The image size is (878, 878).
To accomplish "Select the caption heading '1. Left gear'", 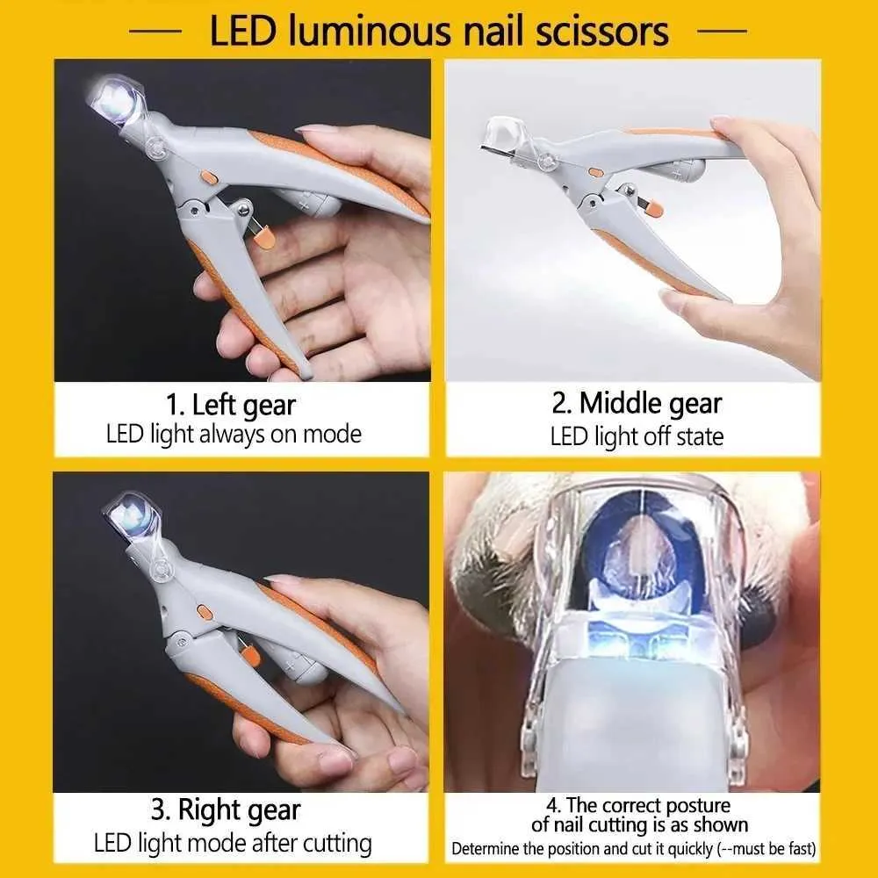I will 231,406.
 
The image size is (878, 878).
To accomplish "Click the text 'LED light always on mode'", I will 234,434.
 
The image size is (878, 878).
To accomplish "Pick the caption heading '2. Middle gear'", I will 637,403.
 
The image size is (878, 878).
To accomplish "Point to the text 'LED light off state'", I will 637,436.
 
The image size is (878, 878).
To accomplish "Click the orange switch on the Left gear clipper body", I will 208,176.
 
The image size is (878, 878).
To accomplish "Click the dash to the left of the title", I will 161,31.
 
